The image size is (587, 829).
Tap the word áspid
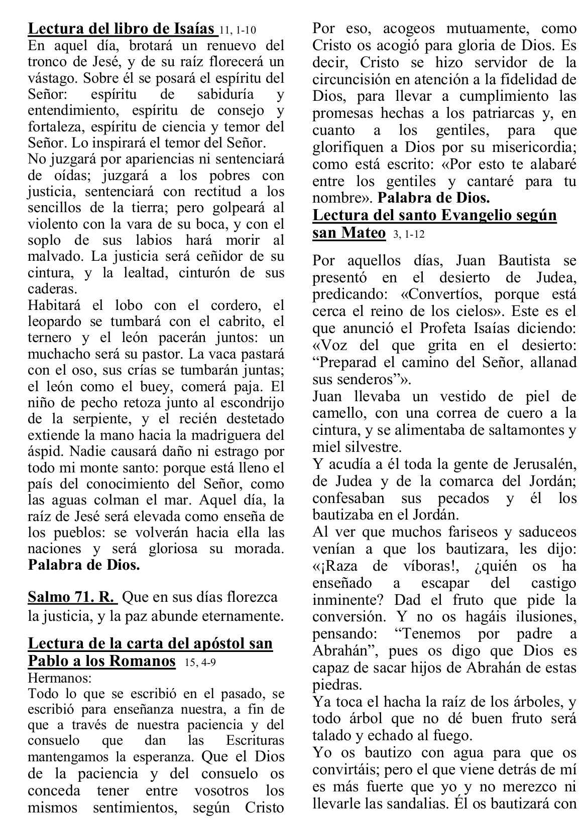click(42, 451)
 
